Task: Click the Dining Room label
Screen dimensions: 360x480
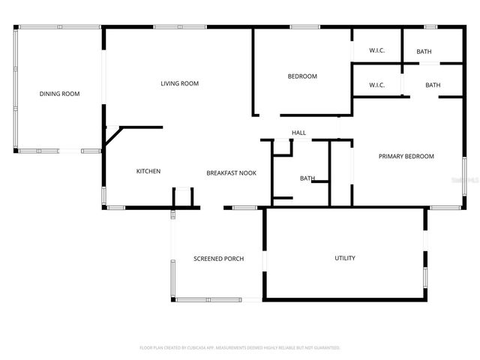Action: point(59,94)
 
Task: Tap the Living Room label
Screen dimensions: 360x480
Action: point(179,83)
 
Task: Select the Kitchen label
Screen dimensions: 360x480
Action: point(148,172)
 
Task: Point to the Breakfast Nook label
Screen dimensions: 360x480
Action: point(231,172)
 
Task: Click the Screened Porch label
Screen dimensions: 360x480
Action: point(218,259)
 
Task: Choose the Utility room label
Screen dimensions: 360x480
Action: point(345,258)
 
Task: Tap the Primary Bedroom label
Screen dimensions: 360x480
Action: point(406,156)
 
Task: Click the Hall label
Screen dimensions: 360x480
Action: point(298,133)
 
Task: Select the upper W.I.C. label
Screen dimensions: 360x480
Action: point(376,51)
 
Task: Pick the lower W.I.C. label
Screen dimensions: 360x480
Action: point(376,85)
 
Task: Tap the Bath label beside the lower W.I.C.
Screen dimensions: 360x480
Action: point(433,85)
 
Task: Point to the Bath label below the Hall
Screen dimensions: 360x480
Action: point(307,178)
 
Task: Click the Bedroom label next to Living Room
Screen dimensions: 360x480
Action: point(302,76)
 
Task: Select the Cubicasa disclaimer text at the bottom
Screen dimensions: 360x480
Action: point(240,348)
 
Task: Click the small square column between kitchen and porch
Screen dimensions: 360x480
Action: point(184,197)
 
